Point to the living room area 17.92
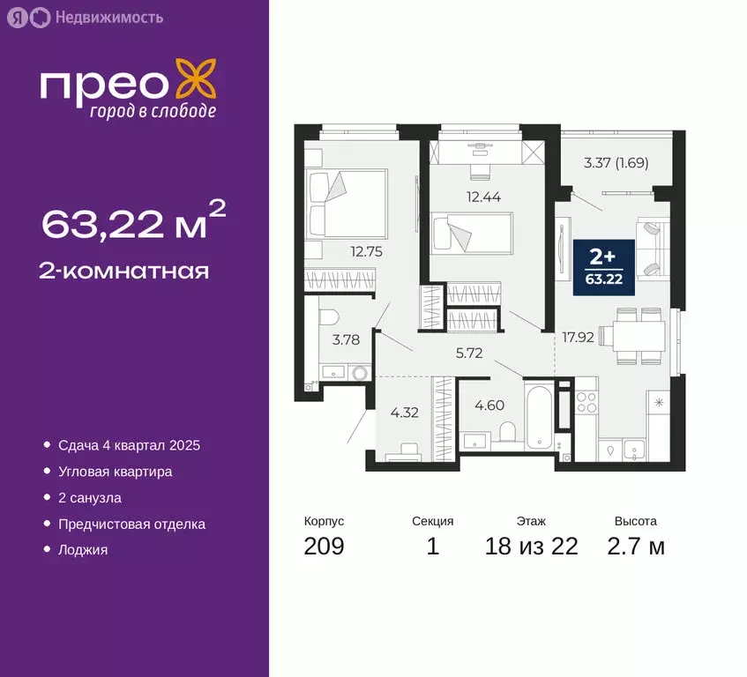pyautogui.click(x=575, y=335)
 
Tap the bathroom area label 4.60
pyautogui.click(x=491, y=405)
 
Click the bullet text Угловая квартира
pyautogui.click(x=115, y=472)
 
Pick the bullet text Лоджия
pyautogui.click(x=83, y=550)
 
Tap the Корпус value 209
pyautogui.click(x=324, y=547)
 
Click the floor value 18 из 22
pyautogui.click(x=531, y=547)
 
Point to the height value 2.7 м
pyautogui.click(x=635, y=547)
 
